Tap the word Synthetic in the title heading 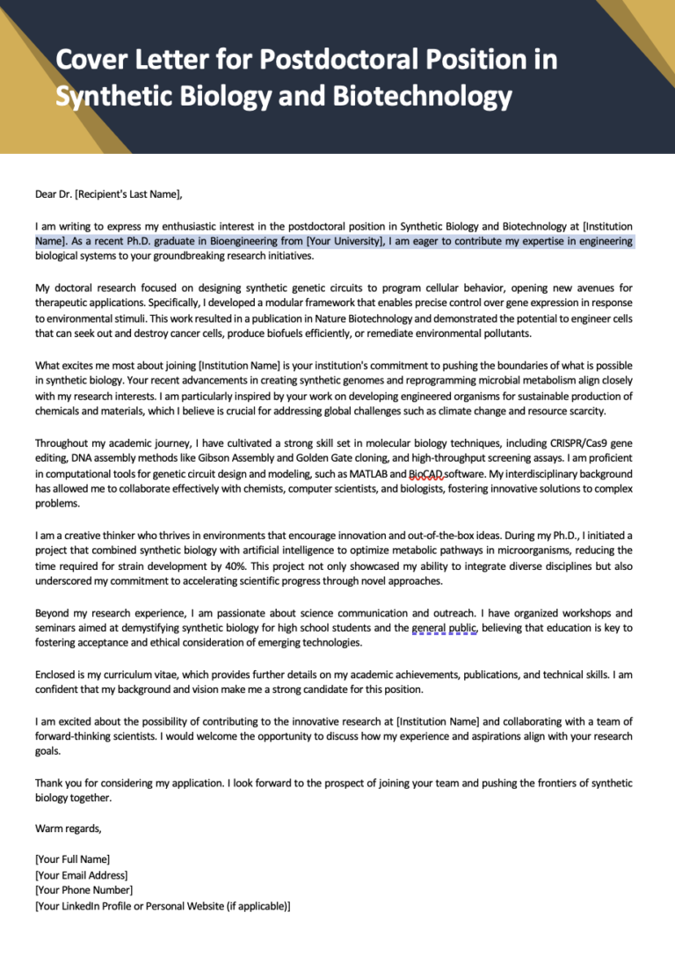[x=105, y=96]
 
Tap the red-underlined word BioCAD [x=426, y=473]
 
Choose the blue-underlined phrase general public [x=445, y=627]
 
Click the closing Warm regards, [x=68, y=828]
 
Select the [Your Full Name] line [x=72, y=859]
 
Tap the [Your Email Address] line [x=81, y=874]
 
